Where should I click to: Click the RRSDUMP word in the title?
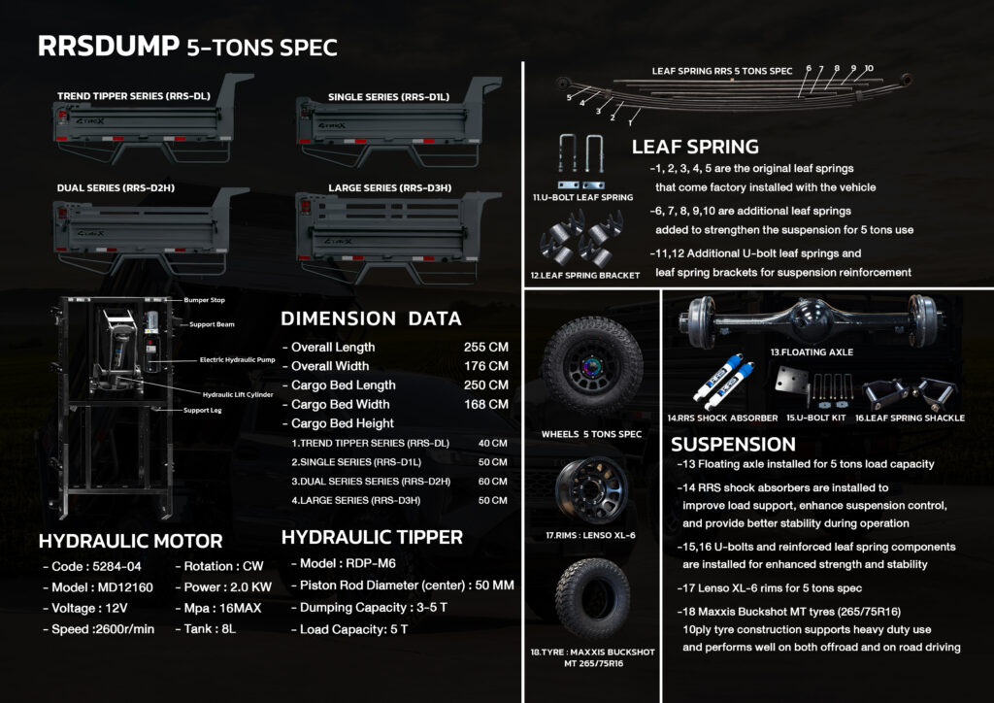click(107, 48)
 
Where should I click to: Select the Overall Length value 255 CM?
click(485, 348)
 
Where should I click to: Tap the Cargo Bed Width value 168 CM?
click(485, 404)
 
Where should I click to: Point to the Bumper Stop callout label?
click(204, 301)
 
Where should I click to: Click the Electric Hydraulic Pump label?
click(239, 360)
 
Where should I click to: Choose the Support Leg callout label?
click(205, 411)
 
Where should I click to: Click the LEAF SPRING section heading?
click(695, 148)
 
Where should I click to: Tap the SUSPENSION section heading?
click(733, 444)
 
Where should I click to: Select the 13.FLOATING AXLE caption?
click(812, 352)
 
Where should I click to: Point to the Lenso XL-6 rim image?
click(592, 489)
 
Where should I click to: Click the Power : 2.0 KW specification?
click(223, 586)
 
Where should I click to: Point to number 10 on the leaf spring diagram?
click(868, 69)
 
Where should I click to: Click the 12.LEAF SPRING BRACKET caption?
click(586, 276)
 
